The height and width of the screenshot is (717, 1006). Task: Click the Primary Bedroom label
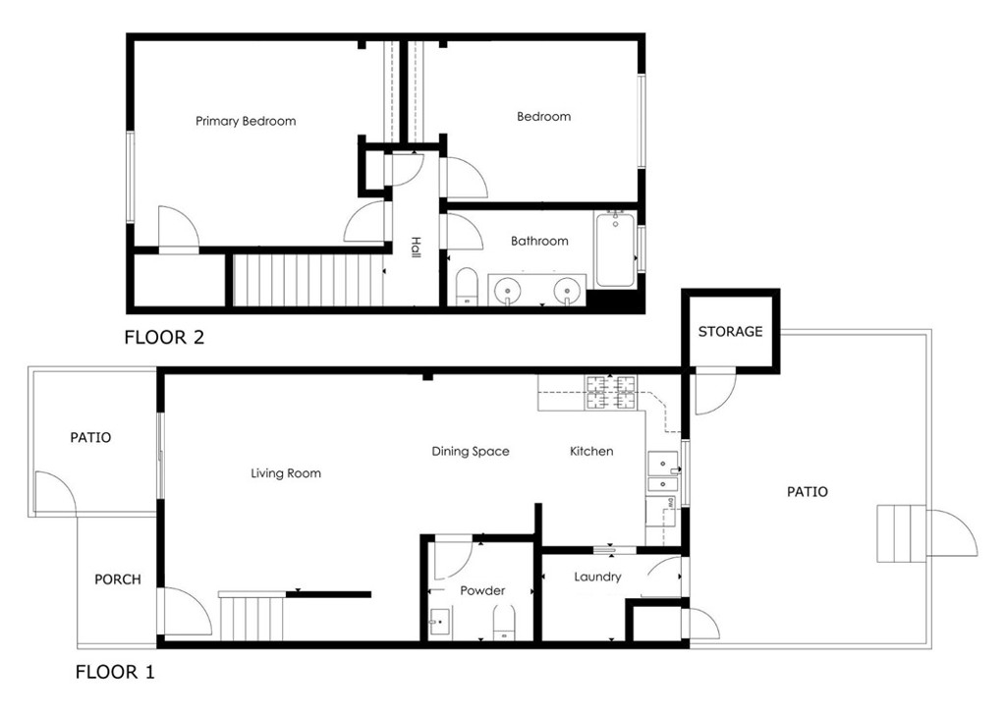pos(246,121)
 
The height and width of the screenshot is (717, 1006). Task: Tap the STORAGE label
pos(730,332)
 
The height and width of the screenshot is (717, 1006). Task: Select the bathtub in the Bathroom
pos(615,250)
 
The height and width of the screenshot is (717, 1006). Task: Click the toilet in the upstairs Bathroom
pos(467,286)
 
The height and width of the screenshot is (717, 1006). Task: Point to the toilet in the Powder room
pos(504,623)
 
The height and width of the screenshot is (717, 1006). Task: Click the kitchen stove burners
pos(611,393)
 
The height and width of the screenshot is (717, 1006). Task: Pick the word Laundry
pos(597,578)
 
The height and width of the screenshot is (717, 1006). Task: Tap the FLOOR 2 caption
pos(164,337)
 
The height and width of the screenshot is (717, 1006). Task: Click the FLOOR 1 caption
pos(115,672)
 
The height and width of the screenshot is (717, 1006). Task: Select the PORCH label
pos(118,579)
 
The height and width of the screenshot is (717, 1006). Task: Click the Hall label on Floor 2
pos(416,248)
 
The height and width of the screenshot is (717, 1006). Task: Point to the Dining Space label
pos(471,452)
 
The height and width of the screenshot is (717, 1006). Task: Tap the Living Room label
pos(286,473)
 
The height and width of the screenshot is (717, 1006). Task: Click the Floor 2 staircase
pos(307,281)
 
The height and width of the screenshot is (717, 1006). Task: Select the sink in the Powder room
pos(439,622)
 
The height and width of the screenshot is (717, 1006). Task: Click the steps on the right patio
pos(902,533)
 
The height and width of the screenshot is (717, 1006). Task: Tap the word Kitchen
pos(591,452)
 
